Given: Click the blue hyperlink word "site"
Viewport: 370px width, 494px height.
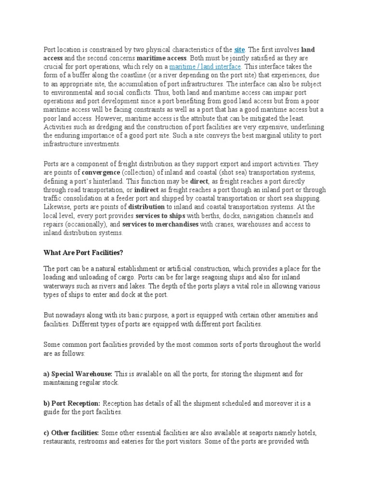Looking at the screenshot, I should coord(239,49).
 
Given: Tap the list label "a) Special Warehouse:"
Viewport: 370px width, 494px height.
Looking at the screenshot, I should coord(78,374).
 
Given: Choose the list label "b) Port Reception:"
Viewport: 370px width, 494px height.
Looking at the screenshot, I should coord(72,403).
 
